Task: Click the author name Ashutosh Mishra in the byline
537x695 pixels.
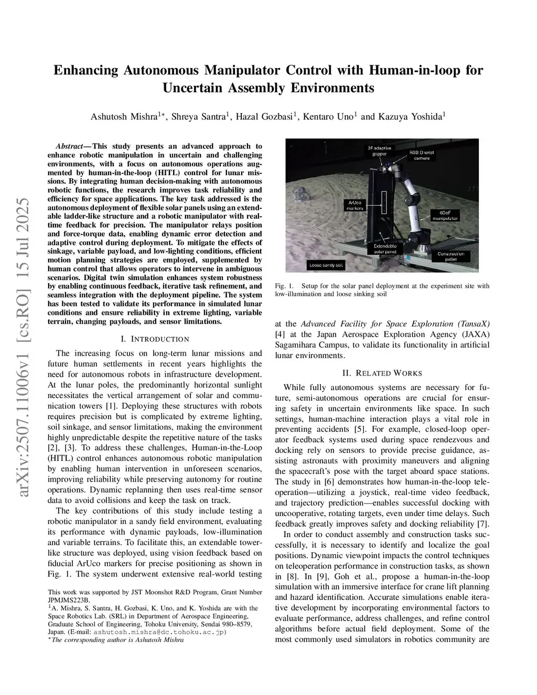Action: pos(124,116)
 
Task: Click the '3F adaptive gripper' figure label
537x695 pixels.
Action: pos(379,151)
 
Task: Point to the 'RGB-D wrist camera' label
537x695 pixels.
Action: pos(422,155)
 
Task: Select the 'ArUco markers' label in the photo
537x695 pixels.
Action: pos(355,205)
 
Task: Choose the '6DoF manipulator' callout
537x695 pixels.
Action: pos(445,215)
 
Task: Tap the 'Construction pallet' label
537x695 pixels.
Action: pos(450,256)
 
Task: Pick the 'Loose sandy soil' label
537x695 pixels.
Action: pos(326,265)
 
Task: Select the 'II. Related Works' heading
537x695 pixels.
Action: pos(382,373)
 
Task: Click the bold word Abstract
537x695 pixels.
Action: pos(71,146)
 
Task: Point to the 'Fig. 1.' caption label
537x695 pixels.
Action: pos(284,286)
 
